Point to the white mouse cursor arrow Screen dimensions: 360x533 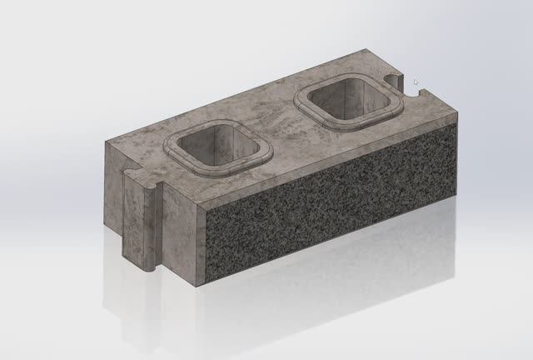pos(416,82)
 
